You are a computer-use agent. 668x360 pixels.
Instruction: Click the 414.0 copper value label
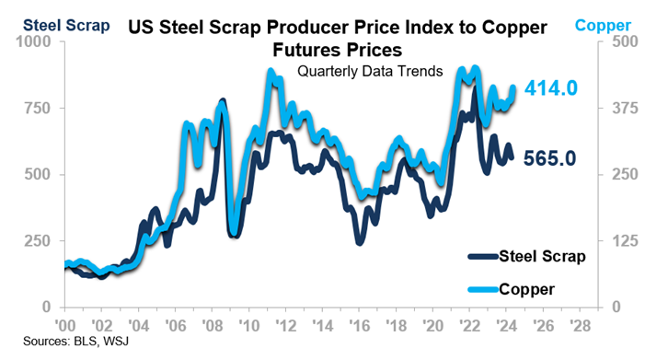coord(550,89)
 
